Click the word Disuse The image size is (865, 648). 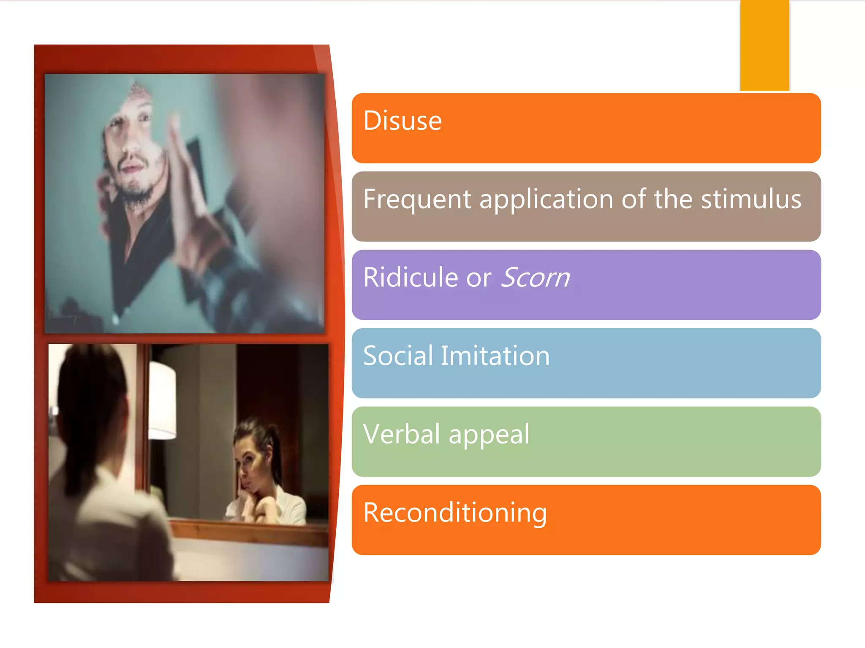click(402, 121)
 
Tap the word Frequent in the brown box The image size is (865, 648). click(417, 199)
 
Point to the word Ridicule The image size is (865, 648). click(411, 278)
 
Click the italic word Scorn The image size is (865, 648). click(535, 278)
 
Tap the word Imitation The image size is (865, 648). click(495, 356)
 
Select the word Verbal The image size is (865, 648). click(402, 434)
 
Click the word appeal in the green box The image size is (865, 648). click(489, 434)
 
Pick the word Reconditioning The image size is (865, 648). click(455, 513)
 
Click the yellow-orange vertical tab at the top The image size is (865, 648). click(764, 46)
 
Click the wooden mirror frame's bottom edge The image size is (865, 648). click(249, 533)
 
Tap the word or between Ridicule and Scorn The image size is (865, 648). click(479, 278)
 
